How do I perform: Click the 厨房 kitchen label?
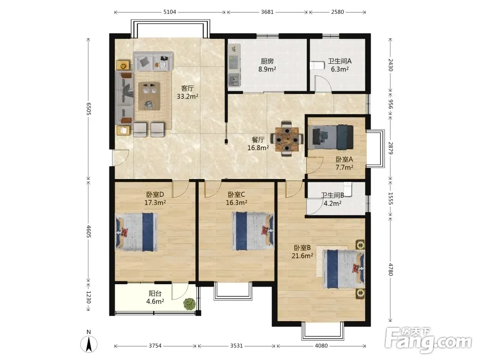point(267,61)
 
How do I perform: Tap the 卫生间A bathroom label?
point(340,61)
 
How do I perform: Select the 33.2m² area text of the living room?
point(187,97)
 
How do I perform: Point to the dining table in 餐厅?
point(287,140)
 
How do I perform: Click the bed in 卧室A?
point(331,137)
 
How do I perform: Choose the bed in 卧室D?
point(136,232)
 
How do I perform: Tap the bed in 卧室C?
point(253,231)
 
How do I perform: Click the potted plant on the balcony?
point(190,304)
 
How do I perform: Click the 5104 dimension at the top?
point(169,12)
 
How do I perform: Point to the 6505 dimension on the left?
point(88,108)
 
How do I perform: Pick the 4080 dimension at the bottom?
point(321,346)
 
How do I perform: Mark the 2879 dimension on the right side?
point(390,148)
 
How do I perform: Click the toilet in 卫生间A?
point(317,65)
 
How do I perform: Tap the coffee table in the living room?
point(149,96)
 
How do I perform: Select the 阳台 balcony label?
point(155,294)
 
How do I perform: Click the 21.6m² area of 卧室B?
point(302,256)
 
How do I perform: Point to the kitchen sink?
point(234,80)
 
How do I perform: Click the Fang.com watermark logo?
point(428,340)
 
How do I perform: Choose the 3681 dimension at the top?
point(267,12)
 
